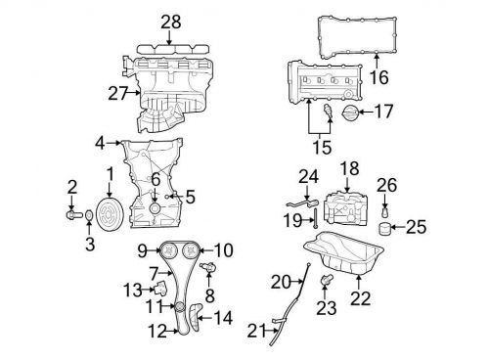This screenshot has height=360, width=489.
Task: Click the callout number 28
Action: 171,22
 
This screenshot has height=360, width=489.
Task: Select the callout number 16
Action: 379,77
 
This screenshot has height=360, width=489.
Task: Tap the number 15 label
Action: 322,147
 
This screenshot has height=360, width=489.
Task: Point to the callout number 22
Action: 361,298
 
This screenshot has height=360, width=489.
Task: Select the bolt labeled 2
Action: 74,214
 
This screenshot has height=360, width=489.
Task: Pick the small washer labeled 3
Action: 89,215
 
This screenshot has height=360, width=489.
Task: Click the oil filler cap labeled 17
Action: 349,112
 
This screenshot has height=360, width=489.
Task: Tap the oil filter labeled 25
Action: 385,228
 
